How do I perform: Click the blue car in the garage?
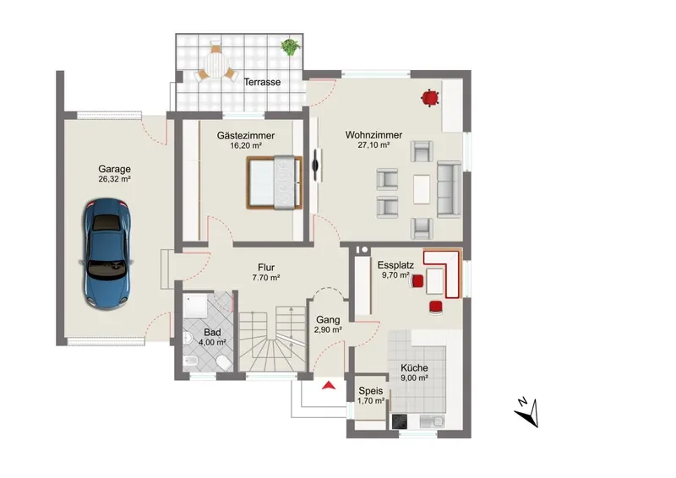[x=106, y=253]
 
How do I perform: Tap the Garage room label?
[x=114, y=169]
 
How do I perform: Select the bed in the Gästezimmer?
[x=274, y=182]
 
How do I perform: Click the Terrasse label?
[x=262, y=82]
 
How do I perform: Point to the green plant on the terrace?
[x=290, y=46]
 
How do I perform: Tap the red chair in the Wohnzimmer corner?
[x=430, y=98]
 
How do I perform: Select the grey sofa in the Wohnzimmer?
[x=449, y=189]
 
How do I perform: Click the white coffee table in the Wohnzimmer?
[x=422, y=189]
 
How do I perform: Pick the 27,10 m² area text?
[x=373, y=145]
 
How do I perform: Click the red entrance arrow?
[x=329, y=385]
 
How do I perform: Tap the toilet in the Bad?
[x=223, y=363]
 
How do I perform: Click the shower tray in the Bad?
[x=196, y=305]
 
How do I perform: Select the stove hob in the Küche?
[x=400, y=421]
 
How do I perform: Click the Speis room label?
[x=371, y=391]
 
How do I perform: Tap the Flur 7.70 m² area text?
[x=266, y=278]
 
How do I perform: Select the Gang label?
[x=328, y=320]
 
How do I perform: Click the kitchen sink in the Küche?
[x=432, y=421]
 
